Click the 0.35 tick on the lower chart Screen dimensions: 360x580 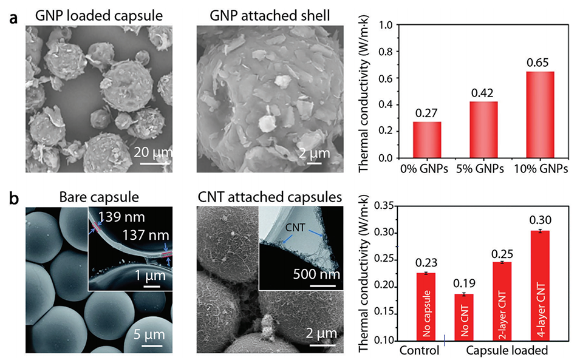[382, 206]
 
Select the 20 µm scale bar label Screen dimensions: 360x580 [154, 151]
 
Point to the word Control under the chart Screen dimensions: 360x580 [419, 350]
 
